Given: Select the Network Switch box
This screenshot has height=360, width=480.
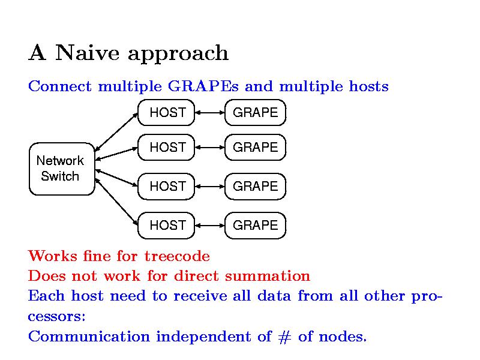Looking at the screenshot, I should pyautogui.click(x=61, y=169).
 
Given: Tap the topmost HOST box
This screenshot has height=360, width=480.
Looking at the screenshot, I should pyautogui.click(x=166, y=112).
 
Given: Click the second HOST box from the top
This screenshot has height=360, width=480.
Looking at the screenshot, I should pyautogui.click(x=166, y=147).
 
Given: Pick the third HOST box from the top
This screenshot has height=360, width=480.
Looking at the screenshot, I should pyautogui.click(x=166, y=186).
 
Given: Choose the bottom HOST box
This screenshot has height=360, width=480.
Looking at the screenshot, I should pyautogui.click(x=166, y=225).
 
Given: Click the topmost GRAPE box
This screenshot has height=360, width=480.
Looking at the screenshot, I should pyautogui.click(x=255, y=112).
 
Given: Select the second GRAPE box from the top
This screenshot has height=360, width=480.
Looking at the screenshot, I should pyautogui.click(x=255, y=147).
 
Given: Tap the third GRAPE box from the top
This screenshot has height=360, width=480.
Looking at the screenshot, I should pyautogui.click(x=255, y=186).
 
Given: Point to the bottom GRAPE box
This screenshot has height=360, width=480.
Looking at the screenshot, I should pyautogui.click(x=255, y=225).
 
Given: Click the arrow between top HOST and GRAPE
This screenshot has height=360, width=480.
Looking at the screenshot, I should pyautogui.click(x=209, y=112).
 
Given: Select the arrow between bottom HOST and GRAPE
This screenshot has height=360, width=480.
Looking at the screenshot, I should pyautogui.click(x=209, y=225).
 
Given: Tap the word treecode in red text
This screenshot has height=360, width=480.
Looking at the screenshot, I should pyautogui.click(x=177, y=257).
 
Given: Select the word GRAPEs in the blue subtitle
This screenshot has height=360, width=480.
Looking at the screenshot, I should pyautogui.click(x=203, y=87).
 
